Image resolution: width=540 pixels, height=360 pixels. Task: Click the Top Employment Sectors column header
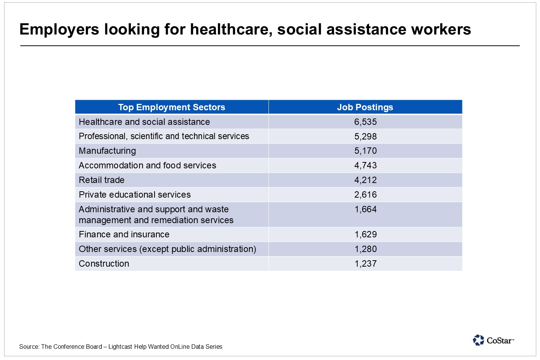171,107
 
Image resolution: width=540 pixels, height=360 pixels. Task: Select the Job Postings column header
365,107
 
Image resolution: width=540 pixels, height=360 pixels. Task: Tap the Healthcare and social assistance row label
144,122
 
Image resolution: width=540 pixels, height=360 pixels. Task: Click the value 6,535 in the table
365,122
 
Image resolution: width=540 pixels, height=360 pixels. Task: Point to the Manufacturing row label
107,151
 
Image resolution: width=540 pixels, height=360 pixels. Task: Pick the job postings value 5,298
365,136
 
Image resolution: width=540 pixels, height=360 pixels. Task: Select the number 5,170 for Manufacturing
365,151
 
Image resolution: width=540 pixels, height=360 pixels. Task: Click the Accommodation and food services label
147,165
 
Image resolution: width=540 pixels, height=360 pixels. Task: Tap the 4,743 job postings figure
365,165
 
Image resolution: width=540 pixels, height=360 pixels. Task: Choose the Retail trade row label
102,180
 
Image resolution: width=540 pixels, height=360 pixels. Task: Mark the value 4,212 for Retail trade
365,180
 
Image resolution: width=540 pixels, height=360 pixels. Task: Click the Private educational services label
135,195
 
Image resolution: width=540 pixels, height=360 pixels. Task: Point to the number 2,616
365,195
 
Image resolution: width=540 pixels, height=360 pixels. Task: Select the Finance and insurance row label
124,234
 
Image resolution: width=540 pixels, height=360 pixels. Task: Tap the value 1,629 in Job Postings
366,234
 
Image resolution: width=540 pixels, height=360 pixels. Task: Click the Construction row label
104,264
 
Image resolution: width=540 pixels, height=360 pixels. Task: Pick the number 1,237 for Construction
366,264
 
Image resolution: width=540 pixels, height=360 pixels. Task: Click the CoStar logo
493,340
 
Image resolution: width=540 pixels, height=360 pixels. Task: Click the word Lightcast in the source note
120,347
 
